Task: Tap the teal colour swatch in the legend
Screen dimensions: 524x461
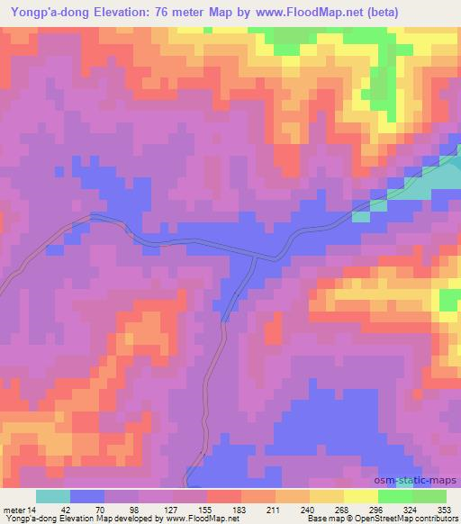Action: (x=53, y=496)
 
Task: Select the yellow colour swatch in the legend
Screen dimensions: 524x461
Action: (x=360, y=496)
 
